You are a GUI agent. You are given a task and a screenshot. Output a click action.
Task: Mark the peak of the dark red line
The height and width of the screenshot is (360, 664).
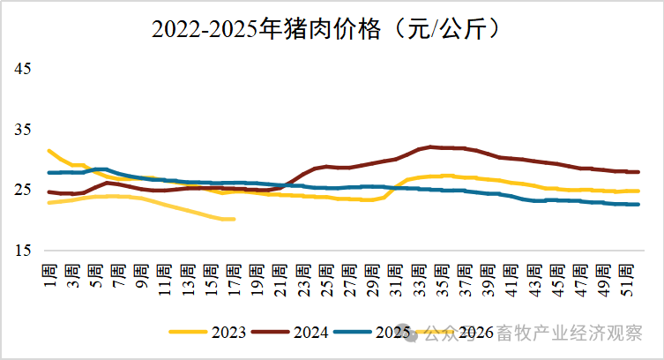pos(430,146)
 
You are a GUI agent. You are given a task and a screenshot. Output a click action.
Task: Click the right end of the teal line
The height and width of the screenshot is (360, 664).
pos(638,205)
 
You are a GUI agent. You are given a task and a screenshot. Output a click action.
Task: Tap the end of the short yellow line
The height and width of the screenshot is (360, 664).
pos(233,219)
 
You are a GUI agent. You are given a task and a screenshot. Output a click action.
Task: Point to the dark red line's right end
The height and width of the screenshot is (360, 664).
pos(638,172)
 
